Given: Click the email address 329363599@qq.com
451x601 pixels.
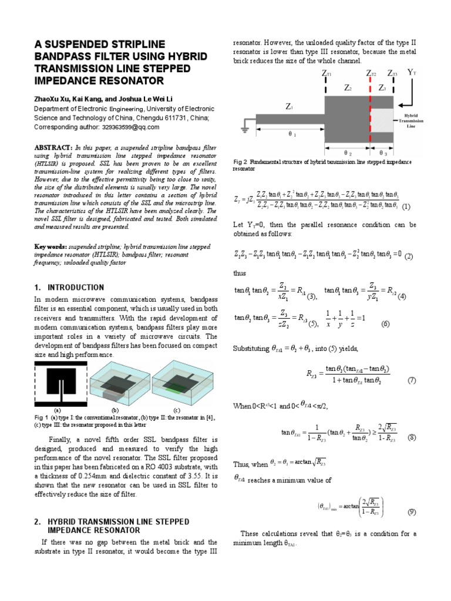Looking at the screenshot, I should coord(133,126).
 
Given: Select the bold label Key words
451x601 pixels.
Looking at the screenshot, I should coord(49,247).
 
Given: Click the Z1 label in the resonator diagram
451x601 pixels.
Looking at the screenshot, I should coord(290,107).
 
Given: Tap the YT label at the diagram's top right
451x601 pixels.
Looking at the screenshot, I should coord(412,73).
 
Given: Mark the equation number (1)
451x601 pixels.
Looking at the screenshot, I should coord(407,207).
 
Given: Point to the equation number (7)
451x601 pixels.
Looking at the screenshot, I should coord(412,380).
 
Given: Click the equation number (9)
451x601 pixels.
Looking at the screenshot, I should coord(412,512).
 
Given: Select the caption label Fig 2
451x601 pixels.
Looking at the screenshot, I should coord(241,161).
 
